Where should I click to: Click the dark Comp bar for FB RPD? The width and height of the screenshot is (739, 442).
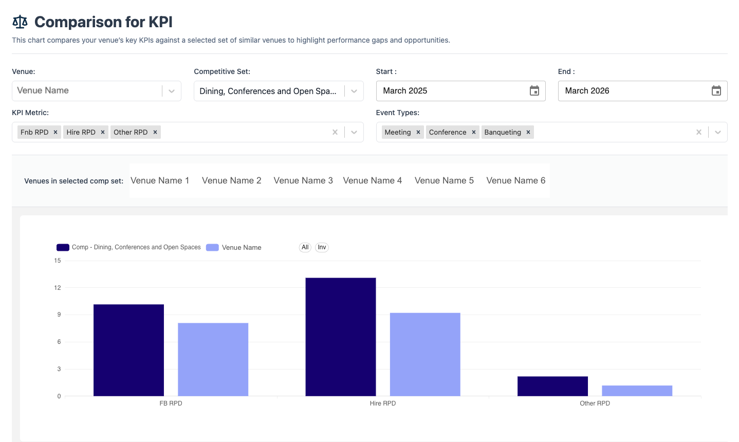(x=128, y=350)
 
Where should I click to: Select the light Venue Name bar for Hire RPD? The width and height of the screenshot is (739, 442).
(x=425, y=354)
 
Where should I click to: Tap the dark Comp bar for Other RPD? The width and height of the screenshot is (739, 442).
(x=552, y=386)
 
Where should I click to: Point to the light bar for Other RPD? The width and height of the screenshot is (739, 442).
(x=637, y=391)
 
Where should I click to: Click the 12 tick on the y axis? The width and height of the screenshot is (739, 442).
(x=58, y=288)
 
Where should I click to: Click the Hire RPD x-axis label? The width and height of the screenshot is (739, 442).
(x=383, y=403)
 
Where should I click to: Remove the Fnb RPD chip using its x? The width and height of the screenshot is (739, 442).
(x=56, y=132)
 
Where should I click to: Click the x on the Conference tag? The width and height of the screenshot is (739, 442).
(x=474, y=132)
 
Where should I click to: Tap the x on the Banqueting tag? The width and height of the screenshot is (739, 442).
(x=528, y=132)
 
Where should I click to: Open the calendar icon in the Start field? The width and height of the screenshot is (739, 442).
(x=534, y=91)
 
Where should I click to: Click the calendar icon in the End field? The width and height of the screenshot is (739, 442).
(x=716, y=91)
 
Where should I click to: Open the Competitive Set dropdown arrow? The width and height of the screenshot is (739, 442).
(x=354, y=91)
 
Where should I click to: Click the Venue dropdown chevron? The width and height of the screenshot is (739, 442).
(x=172, y=91)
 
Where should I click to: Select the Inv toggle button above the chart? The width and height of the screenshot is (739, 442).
(x=322, y=247)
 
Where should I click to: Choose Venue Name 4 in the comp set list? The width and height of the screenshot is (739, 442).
(x=373, y=180)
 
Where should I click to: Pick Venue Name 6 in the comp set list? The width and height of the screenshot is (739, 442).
(x=516, y=180)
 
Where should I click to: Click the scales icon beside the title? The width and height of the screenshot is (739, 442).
(x=20, y=22)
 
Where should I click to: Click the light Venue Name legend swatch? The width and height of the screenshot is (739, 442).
(x=212, y=247)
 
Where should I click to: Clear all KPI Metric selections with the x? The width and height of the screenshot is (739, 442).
(x=335, y=132)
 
